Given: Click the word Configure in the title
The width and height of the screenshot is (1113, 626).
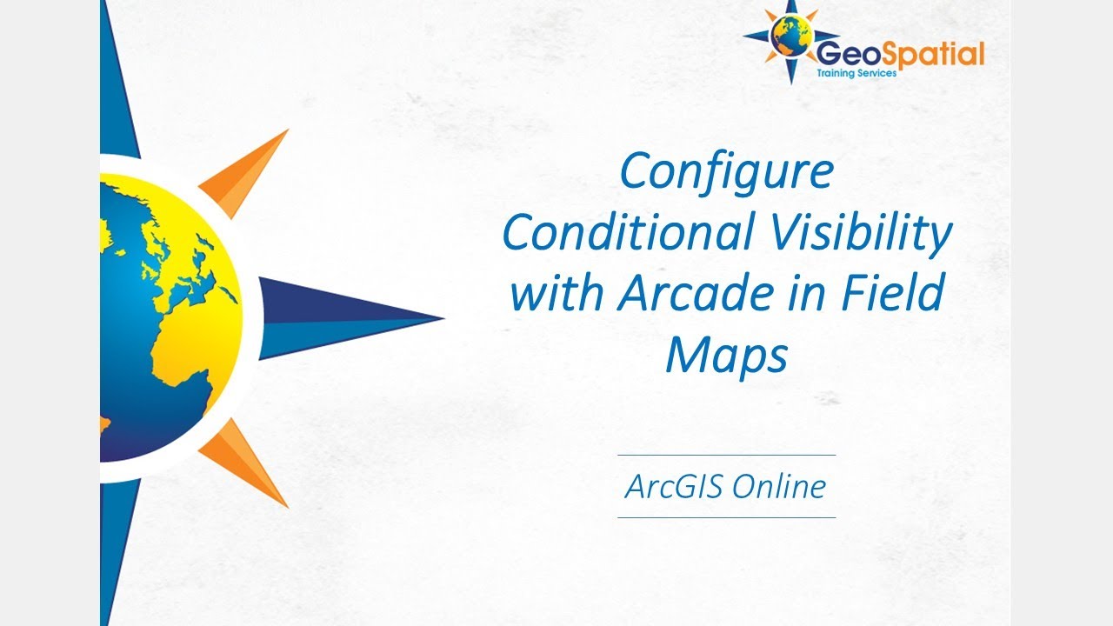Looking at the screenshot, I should coord(726,172).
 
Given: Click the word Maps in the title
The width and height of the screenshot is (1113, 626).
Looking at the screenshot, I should coord(726,354).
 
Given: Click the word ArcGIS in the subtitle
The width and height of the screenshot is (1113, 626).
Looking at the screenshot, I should coord(673,486).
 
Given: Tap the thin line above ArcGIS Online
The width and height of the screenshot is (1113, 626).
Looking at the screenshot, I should coord(726,455).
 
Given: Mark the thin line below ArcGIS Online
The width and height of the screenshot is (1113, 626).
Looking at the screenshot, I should coord(726,517).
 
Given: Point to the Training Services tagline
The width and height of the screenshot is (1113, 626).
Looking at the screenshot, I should coord(856,74).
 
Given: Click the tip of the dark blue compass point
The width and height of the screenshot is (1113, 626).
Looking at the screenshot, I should coord(442,317).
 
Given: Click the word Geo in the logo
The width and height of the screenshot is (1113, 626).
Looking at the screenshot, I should coord(838,54).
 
